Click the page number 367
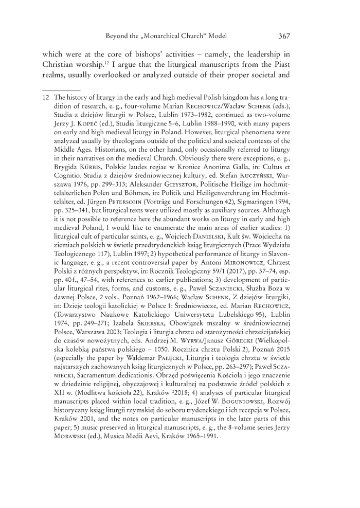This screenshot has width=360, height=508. [x=284, y=37]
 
